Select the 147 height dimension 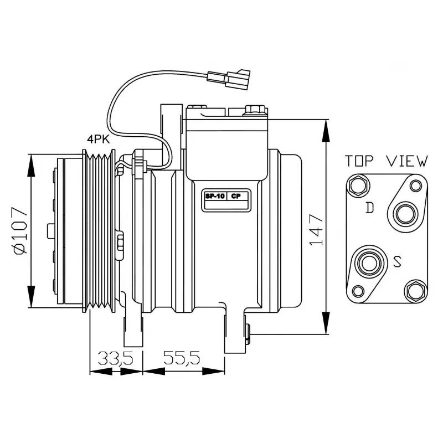coord(316,230)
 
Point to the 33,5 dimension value coord(116,358)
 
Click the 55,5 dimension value coord(182,358)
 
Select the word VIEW coord(407,161)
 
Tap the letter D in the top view coord(369,208)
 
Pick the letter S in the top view coord(397,261)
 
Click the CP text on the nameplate coord(236,196)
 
